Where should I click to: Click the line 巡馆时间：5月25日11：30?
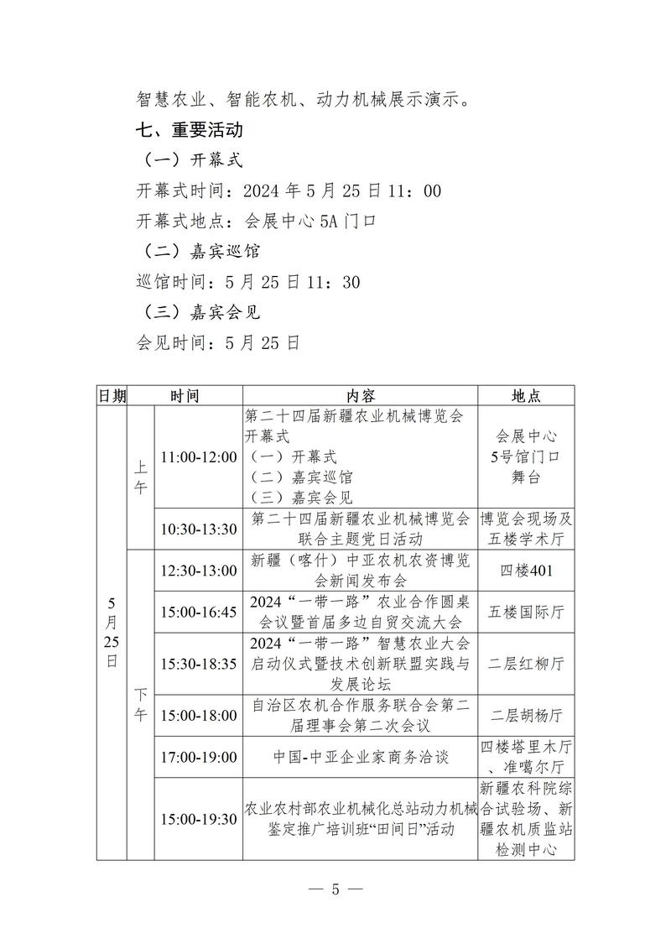click(x=248, y=282)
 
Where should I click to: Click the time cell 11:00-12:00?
click(x=199, y=457)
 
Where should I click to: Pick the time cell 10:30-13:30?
click(x=199, y=529)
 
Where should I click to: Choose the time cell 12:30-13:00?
click(x=199, y=571)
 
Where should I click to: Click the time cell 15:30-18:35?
click(x=199, y=664)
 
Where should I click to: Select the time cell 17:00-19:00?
click(x=199, y=757)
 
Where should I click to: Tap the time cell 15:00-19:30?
click(x=199, y=819)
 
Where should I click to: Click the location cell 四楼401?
click(x=527, y=571)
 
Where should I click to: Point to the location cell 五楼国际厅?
click(x=527, y=612)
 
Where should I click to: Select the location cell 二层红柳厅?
click(x=527, y=664)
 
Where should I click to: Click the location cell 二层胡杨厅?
click(x=527, y=716)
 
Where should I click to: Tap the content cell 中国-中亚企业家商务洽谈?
click(x=361, y=757)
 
